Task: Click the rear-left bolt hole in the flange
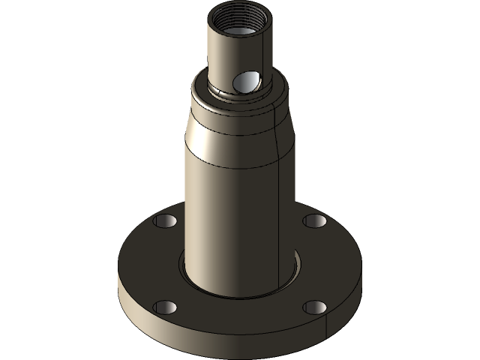[165, 221]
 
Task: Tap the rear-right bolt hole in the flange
[315, 221]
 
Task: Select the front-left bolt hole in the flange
[165, 307]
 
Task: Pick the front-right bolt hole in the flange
[316, 307]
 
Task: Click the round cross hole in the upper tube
[246, 80]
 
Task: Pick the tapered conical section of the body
[225, 131]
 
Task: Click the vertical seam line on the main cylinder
[278, 210]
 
